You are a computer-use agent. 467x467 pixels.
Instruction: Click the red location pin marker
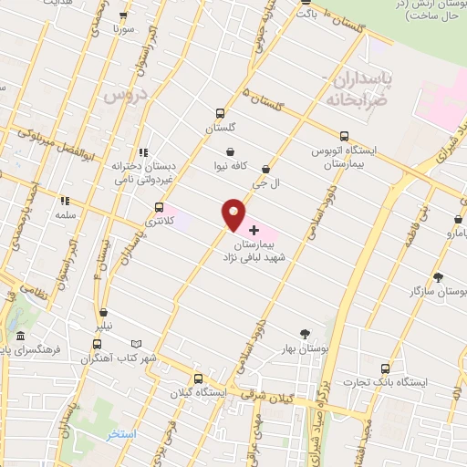click(233, 215)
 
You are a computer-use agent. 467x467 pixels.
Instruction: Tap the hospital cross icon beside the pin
click(253, 231)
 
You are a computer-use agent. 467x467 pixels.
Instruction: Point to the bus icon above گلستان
click(219, 114)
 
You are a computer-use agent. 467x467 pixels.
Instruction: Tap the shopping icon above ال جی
click(265, 169)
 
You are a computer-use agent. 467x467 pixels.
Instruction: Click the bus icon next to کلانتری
click(161, 207)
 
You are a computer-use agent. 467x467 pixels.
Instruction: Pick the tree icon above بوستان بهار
click(306, 334)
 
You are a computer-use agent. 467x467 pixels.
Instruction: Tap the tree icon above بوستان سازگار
click(439, 277)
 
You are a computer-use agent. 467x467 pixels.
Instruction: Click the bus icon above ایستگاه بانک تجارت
click(384, 368)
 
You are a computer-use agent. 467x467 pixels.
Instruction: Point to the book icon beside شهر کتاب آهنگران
click(136, 344)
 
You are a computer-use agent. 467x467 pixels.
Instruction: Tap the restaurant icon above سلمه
click(64, 201)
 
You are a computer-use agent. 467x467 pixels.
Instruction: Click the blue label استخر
click(120, 434)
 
